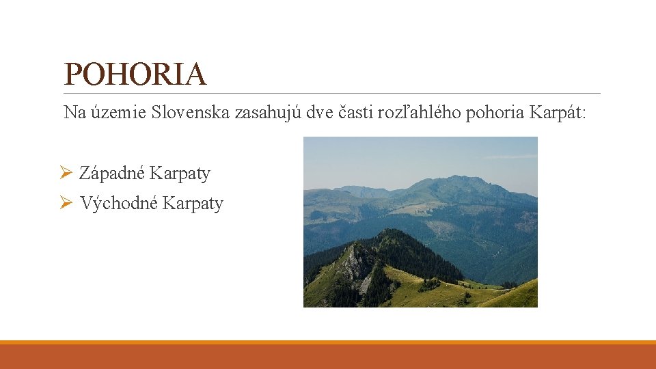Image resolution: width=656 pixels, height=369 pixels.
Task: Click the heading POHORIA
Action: (x=135, y=74)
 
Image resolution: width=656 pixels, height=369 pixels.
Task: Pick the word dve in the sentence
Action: (x=320, y=112)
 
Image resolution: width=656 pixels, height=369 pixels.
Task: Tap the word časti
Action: (x=355, y=112)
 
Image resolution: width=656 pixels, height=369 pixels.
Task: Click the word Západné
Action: (x=112, y=174)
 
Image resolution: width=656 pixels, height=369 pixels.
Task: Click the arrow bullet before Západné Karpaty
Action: (x=66, y=174)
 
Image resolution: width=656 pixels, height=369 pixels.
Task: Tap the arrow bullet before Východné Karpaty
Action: (x=66, y=204)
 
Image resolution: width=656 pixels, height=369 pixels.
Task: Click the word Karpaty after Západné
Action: (x=180, y=174)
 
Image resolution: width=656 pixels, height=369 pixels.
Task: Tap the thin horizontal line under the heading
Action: (x=332, y=93)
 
